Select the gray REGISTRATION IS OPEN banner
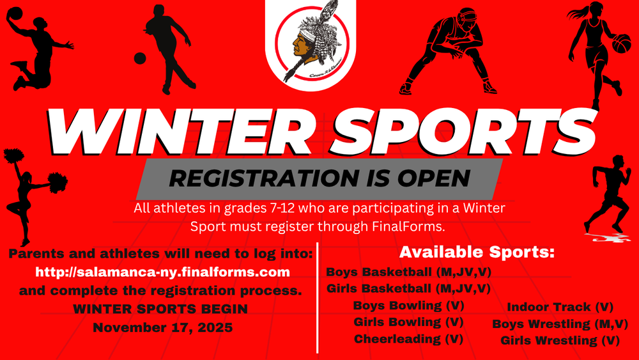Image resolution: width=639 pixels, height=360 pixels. point(318,178)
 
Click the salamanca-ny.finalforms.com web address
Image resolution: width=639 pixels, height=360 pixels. point(163,272)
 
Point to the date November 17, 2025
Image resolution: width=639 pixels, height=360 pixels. point(163,327)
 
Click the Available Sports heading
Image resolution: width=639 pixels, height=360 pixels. point(476,252)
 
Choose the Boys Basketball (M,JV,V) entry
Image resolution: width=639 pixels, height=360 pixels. point(408,272)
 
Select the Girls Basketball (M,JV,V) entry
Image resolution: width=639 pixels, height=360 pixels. point(408,288)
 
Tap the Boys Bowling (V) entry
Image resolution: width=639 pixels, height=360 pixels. point(408,305)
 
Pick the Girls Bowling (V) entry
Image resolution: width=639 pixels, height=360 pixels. point(408,322)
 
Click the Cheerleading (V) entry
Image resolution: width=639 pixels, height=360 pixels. point(408,338)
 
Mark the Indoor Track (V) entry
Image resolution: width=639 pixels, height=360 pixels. point(560,308)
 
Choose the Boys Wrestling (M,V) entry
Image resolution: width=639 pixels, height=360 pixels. point(560,324)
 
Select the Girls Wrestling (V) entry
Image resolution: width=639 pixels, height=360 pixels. point(560,341)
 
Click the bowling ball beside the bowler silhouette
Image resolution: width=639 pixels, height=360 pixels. point(139,58)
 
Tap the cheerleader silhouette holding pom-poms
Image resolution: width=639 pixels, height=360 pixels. point(25,192)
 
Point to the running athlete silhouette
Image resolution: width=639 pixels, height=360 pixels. point(608,192)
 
